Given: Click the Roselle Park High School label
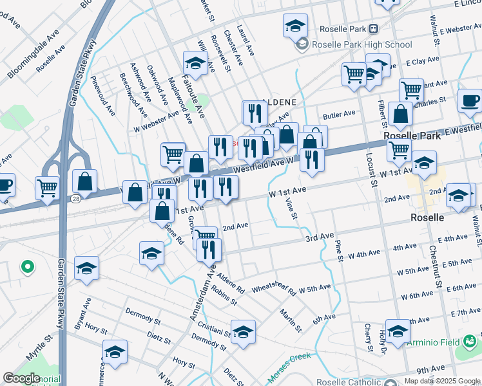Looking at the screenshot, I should click(361, 44).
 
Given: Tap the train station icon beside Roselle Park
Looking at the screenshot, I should click(373, 28).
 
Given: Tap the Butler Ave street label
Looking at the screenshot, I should click(340, 114).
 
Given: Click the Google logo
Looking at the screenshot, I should click(21, 378).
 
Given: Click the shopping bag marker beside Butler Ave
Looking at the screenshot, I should click(401, 114).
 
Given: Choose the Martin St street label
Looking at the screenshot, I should click(290, 320).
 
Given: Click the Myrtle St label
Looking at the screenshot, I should click(38, 347).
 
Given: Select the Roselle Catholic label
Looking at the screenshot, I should click(349, 380).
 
